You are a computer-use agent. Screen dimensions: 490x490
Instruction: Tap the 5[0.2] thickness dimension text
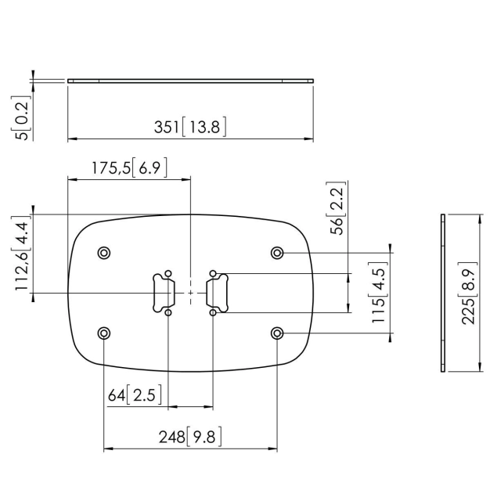click(x=25, y=118)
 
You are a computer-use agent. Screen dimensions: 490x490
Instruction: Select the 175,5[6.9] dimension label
click(x=128, y=167)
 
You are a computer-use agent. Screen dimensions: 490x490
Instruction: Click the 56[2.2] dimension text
click(x=337, y=208)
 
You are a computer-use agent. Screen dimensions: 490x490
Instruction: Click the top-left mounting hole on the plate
click(x=104, y=253)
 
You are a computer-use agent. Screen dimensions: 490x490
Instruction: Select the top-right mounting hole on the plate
click(x=277, y=253)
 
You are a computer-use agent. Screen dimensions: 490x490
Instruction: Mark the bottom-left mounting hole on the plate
click(x=104, y=333)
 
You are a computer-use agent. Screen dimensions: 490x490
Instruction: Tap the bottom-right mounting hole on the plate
click(x=277, y=333)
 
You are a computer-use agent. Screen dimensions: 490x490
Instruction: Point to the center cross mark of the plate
click(x=190, y=292)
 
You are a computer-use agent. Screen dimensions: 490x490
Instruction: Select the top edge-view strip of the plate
click(x=190, y=80)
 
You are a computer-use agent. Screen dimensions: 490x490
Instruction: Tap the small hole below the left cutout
click(x=168, y=312)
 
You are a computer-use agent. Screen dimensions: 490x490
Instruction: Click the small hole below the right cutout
click(x=213, y=312)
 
